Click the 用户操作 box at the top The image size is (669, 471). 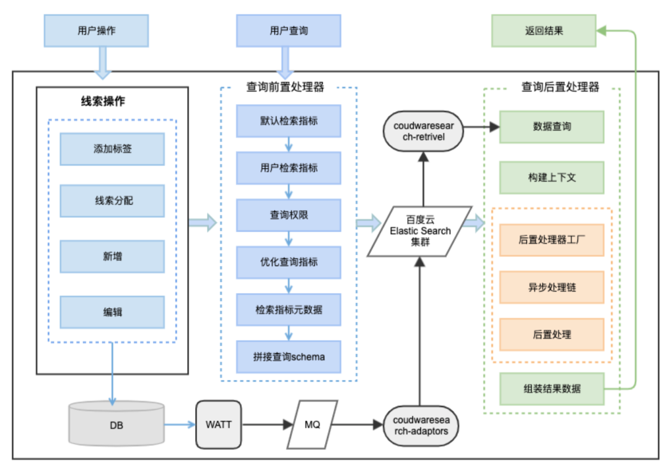click(x=97, y=30)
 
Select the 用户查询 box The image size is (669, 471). click(x=289, y=30)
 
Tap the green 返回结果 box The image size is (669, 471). click(x=543, y=30)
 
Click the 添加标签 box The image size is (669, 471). click(x=112, y=149)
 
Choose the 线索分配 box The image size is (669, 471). click(x=112, y=201)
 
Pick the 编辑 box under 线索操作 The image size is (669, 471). click(x=112, y=312)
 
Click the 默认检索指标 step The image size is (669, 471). click(x=289, y=121)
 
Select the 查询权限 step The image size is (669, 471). click(x=289, y=215)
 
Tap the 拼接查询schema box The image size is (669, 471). click(x=289, y=356)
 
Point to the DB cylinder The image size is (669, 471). click(x=117, y=425)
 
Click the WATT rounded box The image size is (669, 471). click(x=218, y=425)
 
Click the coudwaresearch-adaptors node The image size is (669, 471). click(x=421, y=425)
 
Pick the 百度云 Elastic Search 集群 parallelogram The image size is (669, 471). click(x=420, y=231)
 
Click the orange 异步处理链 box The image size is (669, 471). click(x=551, y=288)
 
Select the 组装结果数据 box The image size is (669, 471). click(x=551, y=389)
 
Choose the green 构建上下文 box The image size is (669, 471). click(x=551, y=177)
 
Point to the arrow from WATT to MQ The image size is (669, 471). click(x=266, y=425)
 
